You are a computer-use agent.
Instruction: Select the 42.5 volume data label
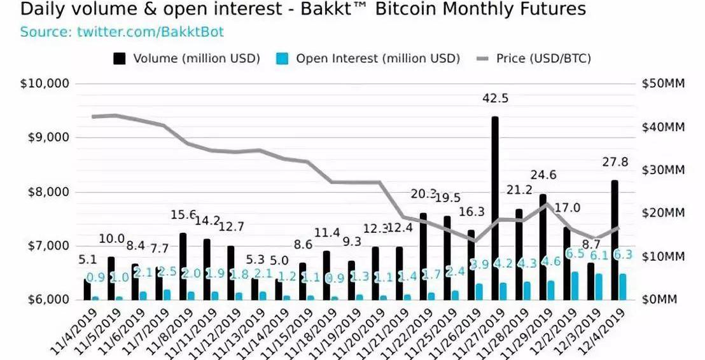(x=494, y=100)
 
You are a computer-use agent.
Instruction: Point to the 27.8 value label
(x=615, y=162)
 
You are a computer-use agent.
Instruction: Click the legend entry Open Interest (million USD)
(x=368, y=59)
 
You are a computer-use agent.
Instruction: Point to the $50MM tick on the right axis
(x=663, y=84)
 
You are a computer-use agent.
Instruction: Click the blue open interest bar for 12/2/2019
(x=575, y=286)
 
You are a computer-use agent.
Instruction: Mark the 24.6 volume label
(x=543, y=175)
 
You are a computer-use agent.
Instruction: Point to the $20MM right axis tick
(x=663, y=213)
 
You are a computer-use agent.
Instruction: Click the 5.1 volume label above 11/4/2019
(x=87, y=260)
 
